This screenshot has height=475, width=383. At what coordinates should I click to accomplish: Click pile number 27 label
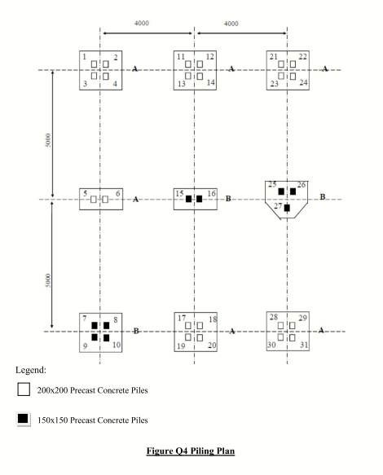pyautogui.click(x=278, y=206)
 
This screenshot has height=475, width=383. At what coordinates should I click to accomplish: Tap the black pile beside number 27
pyautogui.click(x=287, y=208)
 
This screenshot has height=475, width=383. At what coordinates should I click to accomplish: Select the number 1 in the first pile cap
pyautogui.click(x=85, y=57)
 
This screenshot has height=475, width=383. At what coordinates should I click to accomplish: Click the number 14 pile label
pyautogui.click(x=211, y=82)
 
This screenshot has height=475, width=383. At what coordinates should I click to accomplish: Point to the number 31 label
pyautogui.click(x=304, y=345)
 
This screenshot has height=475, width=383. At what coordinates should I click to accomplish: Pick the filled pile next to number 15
pyautogui.click(x=188, y=199)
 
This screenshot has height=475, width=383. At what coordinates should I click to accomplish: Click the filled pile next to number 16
pyautogui.click(x=199, y=199)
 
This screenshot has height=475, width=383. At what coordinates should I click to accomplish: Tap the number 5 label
pyautogui.click(x=86, y=193)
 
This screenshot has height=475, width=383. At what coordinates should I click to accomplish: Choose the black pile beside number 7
pyautogui.click(x=95, y=326)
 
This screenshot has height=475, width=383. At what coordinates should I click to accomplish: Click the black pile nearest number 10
pyautogui.click(x=106, y=337)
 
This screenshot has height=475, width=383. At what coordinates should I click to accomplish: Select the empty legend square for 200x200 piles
pyautogui.click(x=24, y=389)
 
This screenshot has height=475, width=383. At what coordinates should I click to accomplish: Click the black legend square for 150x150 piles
pyautogui.click(x=23, y=419)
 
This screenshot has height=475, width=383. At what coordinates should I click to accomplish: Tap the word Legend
pyautogui.click(x=31, y=370)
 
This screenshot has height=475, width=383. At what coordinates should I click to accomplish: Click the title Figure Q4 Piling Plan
pyautogui.click(x=191, y=451)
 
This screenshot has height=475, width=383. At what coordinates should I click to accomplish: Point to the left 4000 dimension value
pyautogui.click(x=142, y=24)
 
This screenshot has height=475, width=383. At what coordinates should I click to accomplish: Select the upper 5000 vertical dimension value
pyautogui.click(x=48, y=140)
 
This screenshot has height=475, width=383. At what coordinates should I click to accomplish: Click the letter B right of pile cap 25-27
pyautogui.click(x=323, y=197)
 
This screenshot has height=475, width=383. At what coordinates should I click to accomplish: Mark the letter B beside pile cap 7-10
pyautogui.click(x=136, y=331)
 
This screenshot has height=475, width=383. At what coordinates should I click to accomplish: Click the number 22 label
pyautogui.click(x=302, y=57)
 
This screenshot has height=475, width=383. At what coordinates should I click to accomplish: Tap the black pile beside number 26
pyautogui.click(x=293, y=191)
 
